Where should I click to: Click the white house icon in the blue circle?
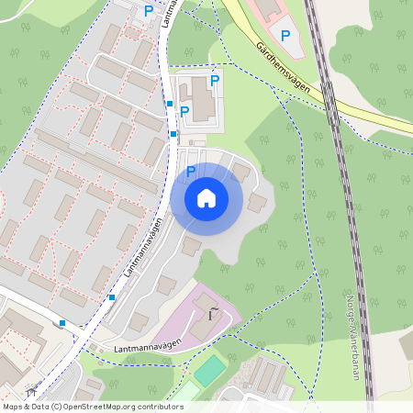206,197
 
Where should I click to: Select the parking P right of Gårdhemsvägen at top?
285,36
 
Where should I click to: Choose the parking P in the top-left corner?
149,11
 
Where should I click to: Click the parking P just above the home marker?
191,171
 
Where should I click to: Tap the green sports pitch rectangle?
209,370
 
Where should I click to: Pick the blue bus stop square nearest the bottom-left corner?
62,322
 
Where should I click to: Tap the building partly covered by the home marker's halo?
240,172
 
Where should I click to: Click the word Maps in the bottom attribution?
13,406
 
